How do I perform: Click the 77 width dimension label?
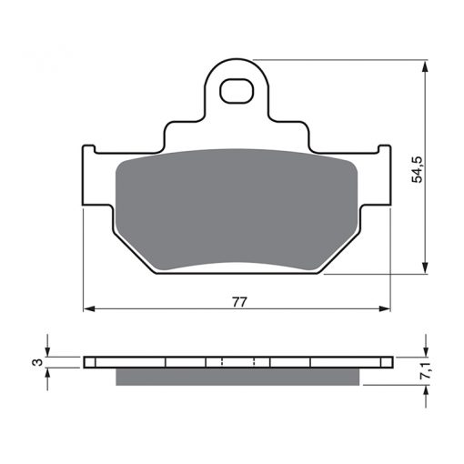(240, 302)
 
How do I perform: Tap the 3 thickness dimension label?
(38, 362)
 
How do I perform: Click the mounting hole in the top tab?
(237, 91)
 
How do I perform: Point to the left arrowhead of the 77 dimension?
(89, 308)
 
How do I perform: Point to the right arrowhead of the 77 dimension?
(385, 308)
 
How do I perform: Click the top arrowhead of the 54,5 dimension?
(426, 66)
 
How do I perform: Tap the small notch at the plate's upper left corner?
(89, 149)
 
